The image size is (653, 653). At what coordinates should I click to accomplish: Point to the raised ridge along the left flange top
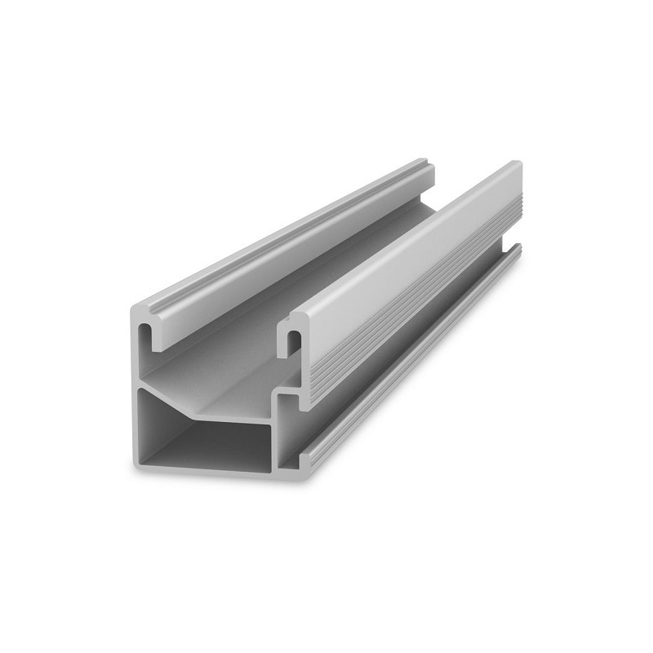tap(286, 237)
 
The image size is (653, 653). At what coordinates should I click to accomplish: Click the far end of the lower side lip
tap(516, 249)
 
